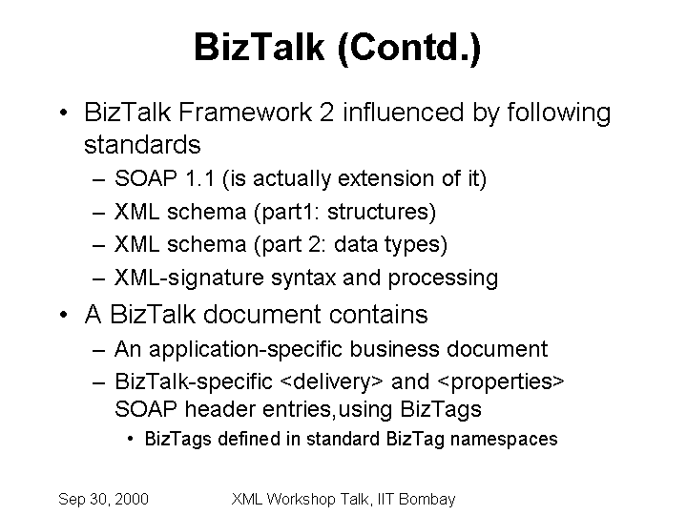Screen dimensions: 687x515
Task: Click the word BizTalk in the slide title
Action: tap(260, 47)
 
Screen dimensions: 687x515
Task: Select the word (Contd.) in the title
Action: tap(409, 49)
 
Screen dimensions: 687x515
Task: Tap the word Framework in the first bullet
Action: tap(245, 113)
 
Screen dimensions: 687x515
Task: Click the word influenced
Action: tap(403, 113)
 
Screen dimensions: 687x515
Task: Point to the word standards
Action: tap(142, 145)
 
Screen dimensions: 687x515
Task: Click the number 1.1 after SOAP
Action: tap(199, 178)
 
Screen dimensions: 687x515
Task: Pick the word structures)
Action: tap(382, 212)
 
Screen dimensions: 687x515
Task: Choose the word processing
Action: tap(443, 278)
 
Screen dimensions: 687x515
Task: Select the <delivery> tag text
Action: tap(331, 381)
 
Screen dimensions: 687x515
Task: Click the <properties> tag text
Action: tap(501, 381)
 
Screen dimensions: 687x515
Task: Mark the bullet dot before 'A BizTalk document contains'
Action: tap(64, 315)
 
